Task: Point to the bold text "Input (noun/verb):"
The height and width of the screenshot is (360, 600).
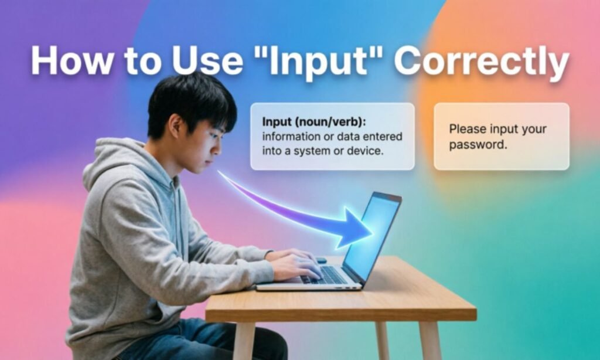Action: (x=314, y=122)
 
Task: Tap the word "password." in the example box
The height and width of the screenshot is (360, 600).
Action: (x=478, y=145)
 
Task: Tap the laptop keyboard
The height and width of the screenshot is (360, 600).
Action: (x=325, y=274)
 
